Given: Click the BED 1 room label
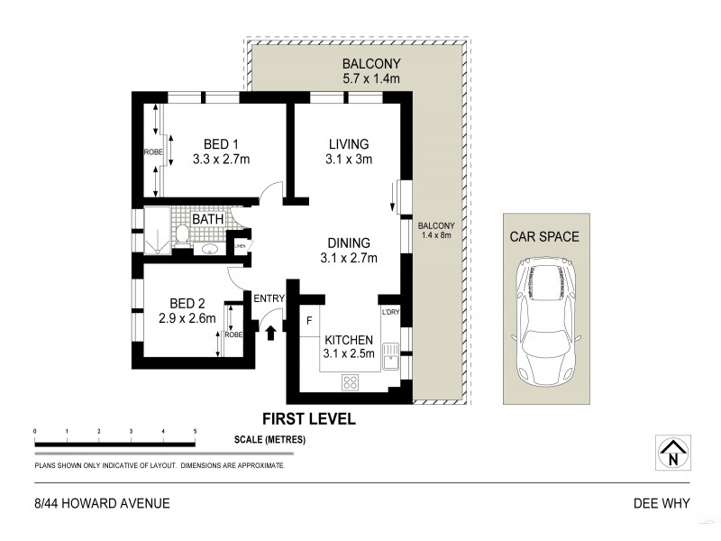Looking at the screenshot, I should (x=220, y=144).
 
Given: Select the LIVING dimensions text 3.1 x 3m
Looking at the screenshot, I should (x=349, y=160).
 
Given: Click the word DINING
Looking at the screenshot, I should (x=349, y=243).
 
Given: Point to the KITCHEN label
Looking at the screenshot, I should (x=349, y=339).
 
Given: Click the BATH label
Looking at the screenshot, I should (x=207, y=219).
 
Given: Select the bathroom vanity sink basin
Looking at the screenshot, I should (x=209, y=249).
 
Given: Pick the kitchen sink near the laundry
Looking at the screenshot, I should (x=390, y=356).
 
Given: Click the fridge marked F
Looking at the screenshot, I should (x=308, y=320).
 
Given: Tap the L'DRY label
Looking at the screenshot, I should (x=390, y=312).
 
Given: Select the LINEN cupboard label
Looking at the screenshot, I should (x=241, y=245).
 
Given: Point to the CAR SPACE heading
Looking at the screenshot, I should (x=545, y=237).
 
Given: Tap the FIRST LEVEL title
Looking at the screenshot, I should (x=308, y=418).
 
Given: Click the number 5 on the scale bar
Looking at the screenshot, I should (x=195, y=433).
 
